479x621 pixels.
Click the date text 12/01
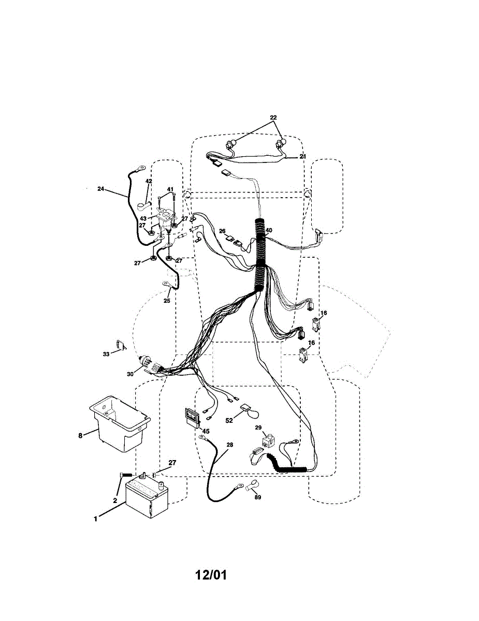(x=211, y=575)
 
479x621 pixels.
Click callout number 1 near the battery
(x=95, y=519)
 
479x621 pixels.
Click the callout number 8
(x=80, y=436)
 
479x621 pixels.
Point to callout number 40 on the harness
(x=269, y=230)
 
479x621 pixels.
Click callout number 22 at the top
(x=274, y=117)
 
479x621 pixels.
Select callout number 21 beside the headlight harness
(x=303, y=156)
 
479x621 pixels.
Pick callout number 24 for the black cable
(x=100, y=189)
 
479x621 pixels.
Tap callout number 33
(x=106, y=354)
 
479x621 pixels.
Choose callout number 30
(x=130, y=373)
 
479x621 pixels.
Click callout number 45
(x=206, y=431)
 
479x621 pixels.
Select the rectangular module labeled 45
(x=192, y=417)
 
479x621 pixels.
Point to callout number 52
(x=229, y=420)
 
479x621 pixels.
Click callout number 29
(x=258, y=427)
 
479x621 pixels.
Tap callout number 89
(x=257, y=497)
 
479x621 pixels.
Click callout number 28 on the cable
(x=230, y=445)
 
